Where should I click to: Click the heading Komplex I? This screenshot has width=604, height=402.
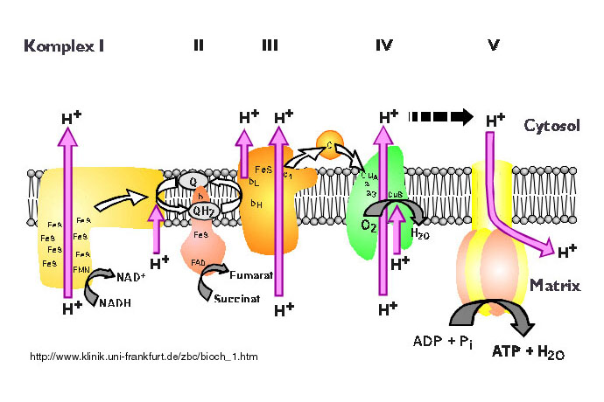pos(64,45)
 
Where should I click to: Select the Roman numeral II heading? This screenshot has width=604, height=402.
pos(199,45)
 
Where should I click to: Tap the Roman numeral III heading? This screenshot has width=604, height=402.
pos(270,45)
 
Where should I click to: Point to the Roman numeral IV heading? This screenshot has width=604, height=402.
pos(383,45)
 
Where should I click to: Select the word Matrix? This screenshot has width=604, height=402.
pos(554,285)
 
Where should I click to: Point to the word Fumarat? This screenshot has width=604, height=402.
pos(253,276)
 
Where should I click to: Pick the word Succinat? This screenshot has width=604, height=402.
pos(236,298)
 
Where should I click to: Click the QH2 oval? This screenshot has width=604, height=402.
pos(205,210)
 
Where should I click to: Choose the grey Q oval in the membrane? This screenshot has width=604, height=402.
pos(193,181)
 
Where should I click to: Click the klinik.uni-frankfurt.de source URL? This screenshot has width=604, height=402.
pos(144,357)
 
